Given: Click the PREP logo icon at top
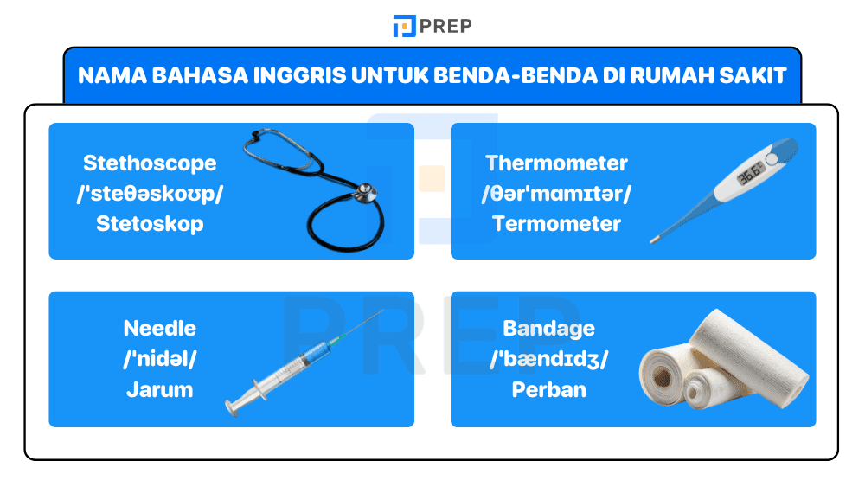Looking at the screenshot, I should pyautogui.click(x=404, y=26).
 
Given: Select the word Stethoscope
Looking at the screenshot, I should pyautogui.click(x=150, y=163).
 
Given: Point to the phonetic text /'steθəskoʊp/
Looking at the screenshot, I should pyautogui.click(x=150, y=193).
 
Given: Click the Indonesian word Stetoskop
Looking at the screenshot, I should pyautogui.click(x=150, y=223).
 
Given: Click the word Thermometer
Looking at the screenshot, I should pyautogui.click(x=556, y=163).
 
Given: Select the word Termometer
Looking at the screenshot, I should pyautogui.click(x=556, y=223).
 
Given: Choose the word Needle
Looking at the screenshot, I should pyautogui.click(x=160, y=329).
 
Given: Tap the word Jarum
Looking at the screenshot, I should pyautogui.click(x=160, y=389).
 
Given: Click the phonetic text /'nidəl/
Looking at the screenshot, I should pyautogui.click(x=160, y=359).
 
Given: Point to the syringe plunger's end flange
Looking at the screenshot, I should pyautogui.click(x=231, y=403).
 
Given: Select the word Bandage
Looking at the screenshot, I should pyautogui.click(x=549, y=329).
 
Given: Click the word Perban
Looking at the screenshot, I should pyautogui.click(x=549, y=389).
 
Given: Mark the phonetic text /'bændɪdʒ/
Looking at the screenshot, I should pyautogui.click(x=549, y=359).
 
